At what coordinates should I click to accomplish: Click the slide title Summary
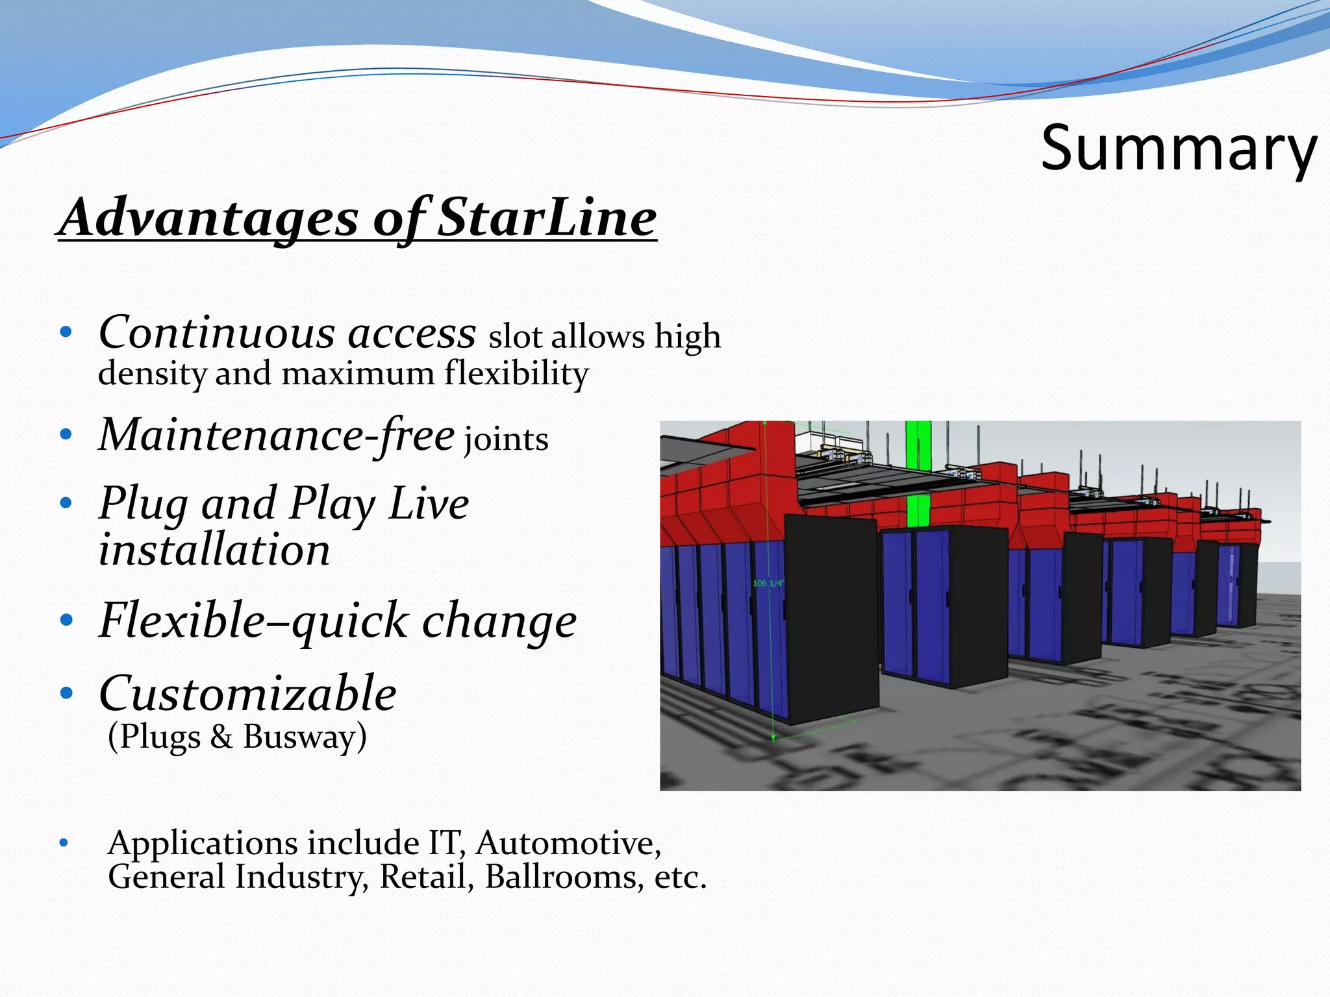click(1178, 149)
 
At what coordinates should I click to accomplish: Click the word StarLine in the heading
click(547, 217)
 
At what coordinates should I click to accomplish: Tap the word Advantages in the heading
click(209, 217)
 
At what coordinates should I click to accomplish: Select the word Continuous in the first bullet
click(217, 333)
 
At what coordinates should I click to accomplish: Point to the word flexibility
click(516, 374)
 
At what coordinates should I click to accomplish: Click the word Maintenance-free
click(277, 435)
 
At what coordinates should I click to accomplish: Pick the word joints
click(506, 439)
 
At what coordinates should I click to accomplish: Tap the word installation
click(214, 550)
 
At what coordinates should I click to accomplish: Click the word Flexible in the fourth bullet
click(182, 620)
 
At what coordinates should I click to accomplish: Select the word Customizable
click(247, 693)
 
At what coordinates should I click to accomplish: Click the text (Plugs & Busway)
click(237, 737)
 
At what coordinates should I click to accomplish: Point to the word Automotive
click(568, 843)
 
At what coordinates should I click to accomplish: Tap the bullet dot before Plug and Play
click(65, 503)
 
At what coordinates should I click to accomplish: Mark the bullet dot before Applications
click(63, 843)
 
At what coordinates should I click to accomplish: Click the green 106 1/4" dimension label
click(768, 584)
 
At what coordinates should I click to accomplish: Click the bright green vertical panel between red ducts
click(918, 474)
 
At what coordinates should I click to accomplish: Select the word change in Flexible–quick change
click(499, 621)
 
